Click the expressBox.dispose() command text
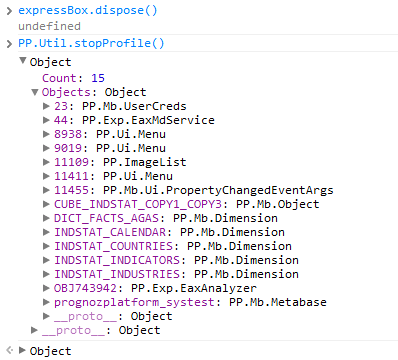point(88,11)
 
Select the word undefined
point(49,26)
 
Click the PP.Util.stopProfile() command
point(91,43)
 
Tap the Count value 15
point(98,78)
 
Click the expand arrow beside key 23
point(46,106)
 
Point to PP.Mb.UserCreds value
point(134,106)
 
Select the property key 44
point(61,120)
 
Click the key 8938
point(68,134)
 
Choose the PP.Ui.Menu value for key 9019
point(131,148)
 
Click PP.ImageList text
point(145,162)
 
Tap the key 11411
point(71,176)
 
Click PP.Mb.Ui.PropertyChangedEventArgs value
point(218,190)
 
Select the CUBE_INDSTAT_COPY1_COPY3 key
point(138,204)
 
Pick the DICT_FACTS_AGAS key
point(106,218)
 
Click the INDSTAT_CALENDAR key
point(110,232)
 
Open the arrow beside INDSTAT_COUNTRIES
point(46,246)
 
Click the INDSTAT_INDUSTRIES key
point(117,274)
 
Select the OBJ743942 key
point(85,288)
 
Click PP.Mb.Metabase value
point(278,302)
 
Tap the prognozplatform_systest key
point(134,303)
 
